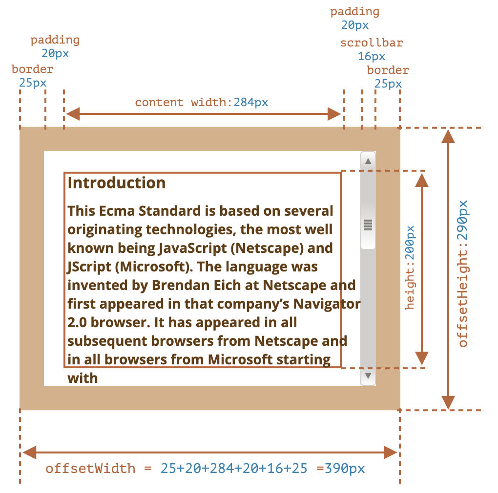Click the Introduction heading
click(117, 183)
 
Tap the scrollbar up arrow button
click(368, 161)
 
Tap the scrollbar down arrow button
click(368, 376)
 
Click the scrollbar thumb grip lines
click(368, 225)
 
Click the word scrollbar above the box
click(372, 43)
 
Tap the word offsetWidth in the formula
click(90, 469)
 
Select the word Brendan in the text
click(180, 285)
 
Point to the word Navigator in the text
click(327, 304)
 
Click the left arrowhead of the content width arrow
click(72, 114)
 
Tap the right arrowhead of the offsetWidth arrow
click(390, 452)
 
